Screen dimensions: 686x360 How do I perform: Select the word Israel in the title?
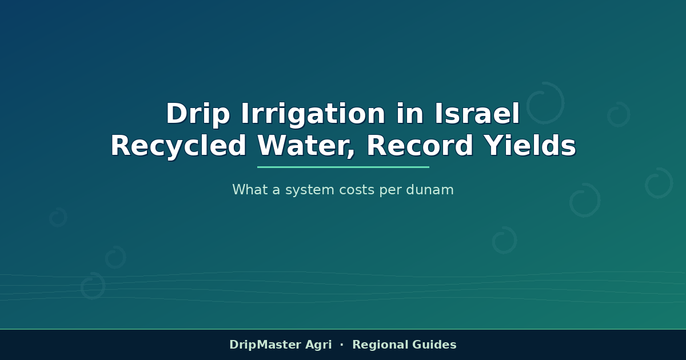[477, 113]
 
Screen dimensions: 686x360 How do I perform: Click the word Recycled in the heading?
[178, 146]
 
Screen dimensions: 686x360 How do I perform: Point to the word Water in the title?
[306, 146]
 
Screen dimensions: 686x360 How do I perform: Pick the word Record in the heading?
[420, 146]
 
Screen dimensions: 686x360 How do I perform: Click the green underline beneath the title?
[343, 167]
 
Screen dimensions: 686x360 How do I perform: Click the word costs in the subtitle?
[357, 190]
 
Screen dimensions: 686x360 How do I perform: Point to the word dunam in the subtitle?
[430, 190]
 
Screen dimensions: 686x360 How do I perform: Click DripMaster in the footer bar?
[265, 345]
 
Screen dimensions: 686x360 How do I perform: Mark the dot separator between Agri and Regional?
[342, 345]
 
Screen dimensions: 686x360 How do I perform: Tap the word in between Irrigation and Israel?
[410, 113]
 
